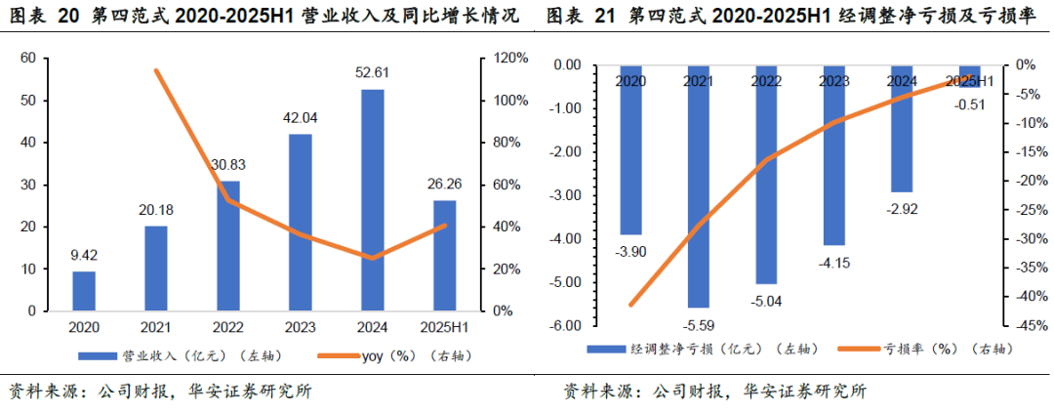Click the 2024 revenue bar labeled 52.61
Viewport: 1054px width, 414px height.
click(372, 200)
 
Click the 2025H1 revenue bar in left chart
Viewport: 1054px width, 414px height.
click(444, 256)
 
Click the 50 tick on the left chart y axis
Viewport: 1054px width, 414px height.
click(28, 101)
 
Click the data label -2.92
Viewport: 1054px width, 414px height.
click(901, 208)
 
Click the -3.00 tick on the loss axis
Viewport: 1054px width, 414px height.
click(566, 195)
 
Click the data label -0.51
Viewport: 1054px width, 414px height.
click(969, 104)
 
